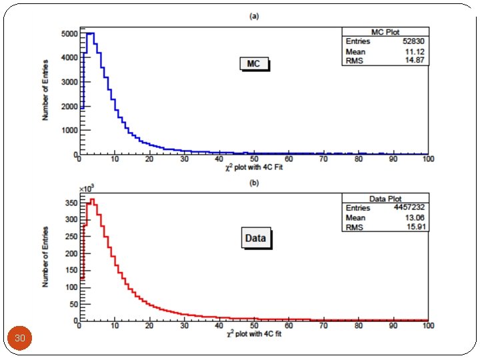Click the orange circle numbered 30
(x=19, y=338)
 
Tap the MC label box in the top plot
(x=255, y=64)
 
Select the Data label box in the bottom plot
(x=256, y=238)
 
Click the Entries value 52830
(x=413, y=41)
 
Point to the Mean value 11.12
(x=415, y=51)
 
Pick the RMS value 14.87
(x=415, y=60)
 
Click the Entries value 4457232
(x=409, y=207)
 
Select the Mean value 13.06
(x=415, y=217)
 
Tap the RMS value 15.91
(x=415, y=227)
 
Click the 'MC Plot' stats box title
(x=385, y=32)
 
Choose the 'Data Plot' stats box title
(x=385, y=199)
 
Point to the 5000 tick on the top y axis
(x=69, y=34)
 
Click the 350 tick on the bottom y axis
(x=71, y=203)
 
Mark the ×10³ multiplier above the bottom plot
(x=87, y=189)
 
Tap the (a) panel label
(x=254, y=16)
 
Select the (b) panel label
(x=254, y=183)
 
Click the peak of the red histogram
(x=92, y=199)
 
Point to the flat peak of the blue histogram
(x=91, y=33)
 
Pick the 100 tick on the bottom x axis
(x=428, y=325)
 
